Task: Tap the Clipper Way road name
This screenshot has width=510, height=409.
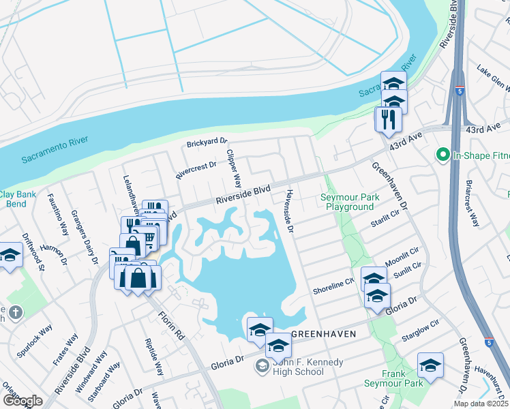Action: coord(234,168)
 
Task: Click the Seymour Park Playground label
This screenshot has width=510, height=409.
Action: coord(350,202)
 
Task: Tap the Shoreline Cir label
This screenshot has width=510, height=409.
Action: coord(333,286)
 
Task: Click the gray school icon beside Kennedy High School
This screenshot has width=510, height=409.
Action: coord(261,367)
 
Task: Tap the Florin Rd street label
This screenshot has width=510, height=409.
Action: coord(171,327)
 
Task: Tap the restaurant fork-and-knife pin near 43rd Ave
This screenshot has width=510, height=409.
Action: coord(388,120)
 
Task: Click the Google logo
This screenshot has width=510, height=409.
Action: coord(22,400)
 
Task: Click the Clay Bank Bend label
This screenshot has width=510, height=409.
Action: coord(13,199)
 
